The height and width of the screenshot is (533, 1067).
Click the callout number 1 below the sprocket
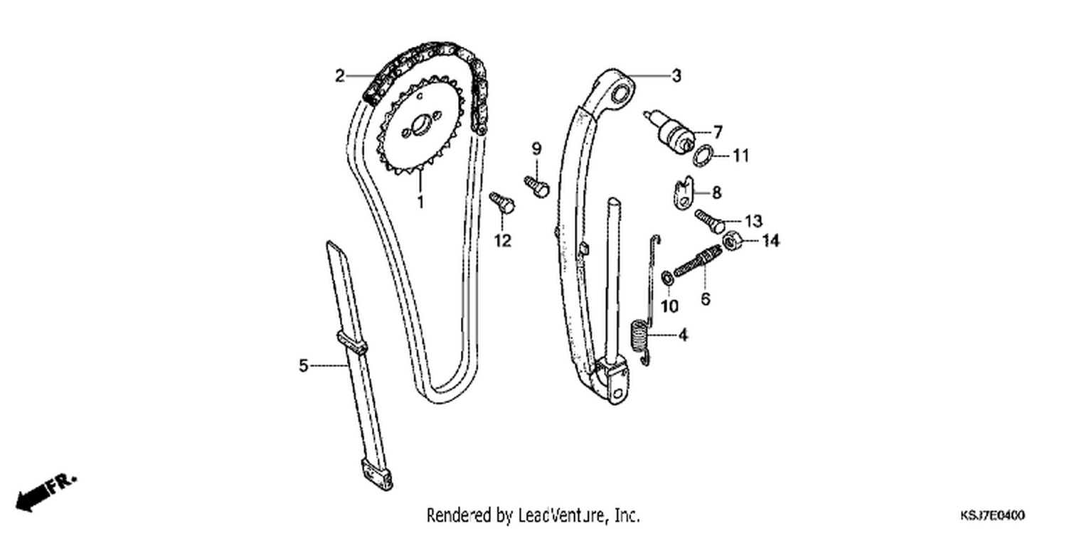420,202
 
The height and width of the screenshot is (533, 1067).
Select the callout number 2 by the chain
339,75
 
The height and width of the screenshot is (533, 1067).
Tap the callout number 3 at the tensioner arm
676,75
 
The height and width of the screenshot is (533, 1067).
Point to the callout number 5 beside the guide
304,365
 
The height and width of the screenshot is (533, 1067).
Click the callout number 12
502,241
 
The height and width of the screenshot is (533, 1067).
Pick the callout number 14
770,241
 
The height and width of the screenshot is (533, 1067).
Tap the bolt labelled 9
537,185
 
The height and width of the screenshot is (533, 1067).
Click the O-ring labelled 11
704,156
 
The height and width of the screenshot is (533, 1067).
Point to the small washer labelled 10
667,278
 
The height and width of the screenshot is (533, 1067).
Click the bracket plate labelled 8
684,193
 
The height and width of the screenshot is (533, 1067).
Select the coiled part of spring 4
639,337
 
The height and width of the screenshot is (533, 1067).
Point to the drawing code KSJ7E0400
992,515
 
